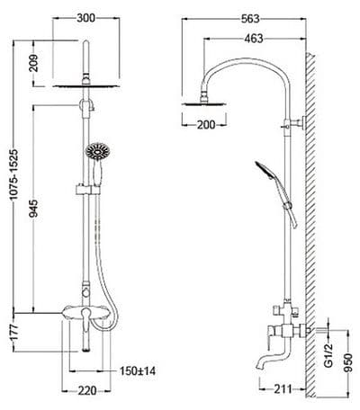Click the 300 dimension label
[x=85, y=18]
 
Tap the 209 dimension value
[x=33, y=63]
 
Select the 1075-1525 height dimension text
[x=13, y=174]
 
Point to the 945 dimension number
[x=33, y=208]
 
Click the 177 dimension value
[x=14, y=333]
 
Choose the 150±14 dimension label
[x=138, y=371]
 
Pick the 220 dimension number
[x=87, y=390]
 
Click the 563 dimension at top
[x=250, y=19]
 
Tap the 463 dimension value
[x=254, y=39]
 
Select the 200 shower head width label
[x=206, y=125]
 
